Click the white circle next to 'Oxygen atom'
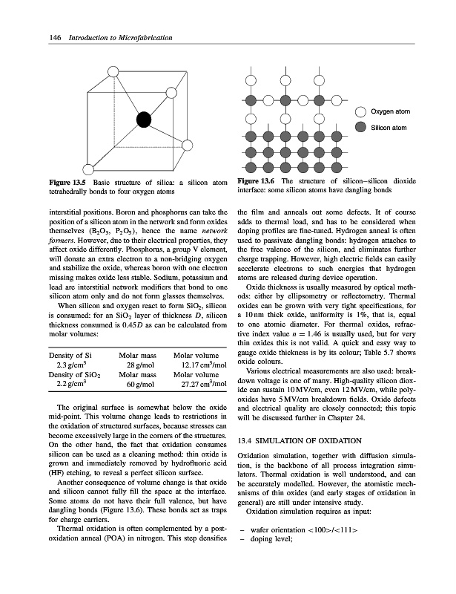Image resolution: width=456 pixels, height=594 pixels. point(360,111)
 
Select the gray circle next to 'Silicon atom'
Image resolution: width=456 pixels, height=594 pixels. point(360,128)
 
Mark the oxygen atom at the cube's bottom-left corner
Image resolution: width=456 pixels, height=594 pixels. point(89,169)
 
